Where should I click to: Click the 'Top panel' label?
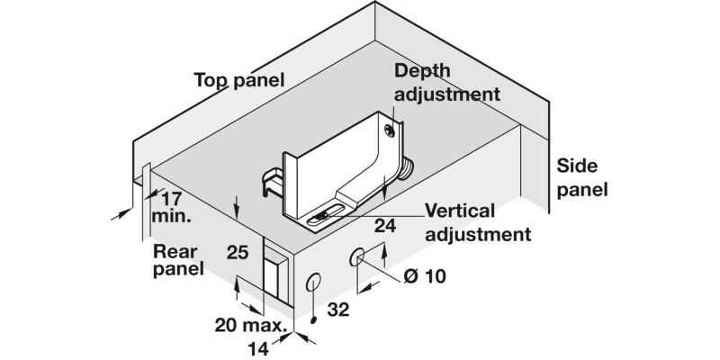coord(239,80)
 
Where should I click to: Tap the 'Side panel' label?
coord(582,177)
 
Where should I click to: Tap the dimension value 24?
coord(385,227)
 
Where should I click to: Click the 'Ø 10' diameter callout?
coord(425,276)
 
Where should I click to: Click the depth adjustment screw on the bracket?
coord(389,130)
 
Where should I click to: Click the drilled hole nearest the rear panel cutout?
coord(312,282)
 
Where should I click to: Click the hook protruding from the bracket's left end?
coord(271,180)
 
